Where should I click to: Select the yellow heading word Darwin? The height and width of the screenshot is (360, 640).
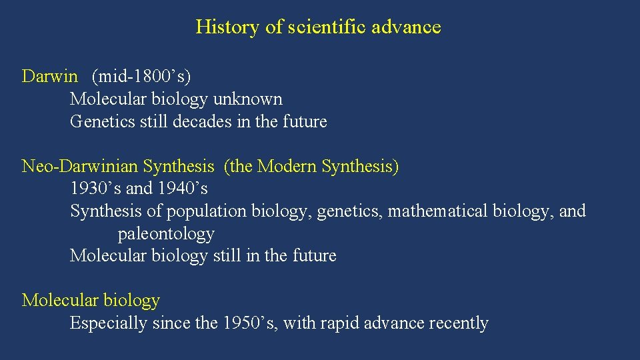pos(49,76)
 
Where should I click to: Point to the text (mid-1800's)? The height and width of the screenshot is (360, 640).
pos(141,76)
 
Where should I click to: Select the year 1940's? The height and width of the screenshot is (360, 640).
pos(183,189)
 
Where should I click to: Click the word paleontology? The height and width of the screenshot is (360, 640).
pos(166,234)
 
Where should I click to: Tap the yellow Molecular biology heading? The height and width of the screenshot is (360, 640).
pos(91,301)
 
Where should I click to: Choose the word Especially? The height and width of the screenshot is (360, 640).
pos(109,323)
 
